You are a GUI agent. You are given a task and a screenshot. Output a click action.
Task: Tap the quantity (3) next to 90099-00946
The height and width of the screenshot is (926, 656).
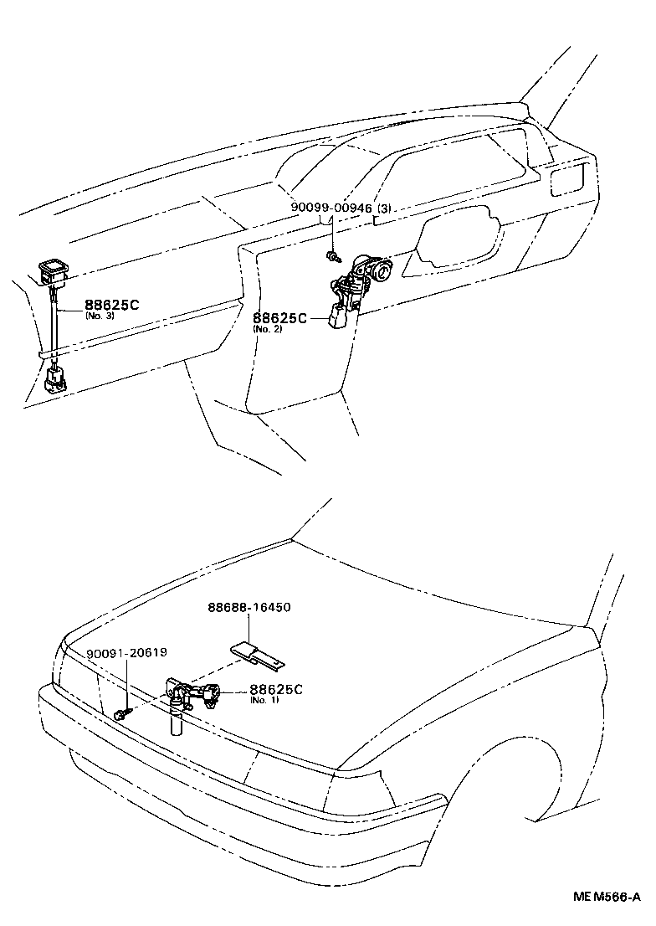point(385,207)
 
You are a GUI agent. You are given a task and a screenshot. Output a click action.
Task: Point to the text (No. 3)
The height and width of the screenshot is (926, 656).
point(98,316)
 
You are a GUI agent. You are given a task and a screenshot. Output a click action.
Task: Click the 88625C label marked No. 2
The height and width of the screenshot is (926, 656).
point(279,318)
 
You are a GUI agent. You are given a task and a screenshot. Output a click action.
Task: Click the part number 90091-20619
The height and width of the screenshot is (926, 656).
point(126,654)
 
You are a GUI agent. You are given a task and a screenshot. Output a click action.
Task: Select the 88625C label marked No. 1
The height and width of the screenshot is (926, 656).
point(276,689)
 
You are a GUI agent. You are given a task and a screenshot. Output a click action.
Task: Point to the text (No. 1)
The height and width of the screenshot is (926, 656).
point(264,700)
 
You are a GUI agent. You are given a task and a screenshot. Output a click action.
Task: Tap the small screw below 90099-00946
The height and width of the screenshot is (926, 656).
point(334,255)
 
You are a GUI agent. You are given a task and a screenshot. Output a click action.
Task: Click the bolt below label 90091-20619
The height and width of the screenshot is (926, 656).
point(121,713)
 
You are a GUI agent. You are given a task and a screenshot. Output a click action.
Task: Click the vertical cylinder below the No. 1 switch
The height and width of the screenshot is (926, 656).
point(176,722)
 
